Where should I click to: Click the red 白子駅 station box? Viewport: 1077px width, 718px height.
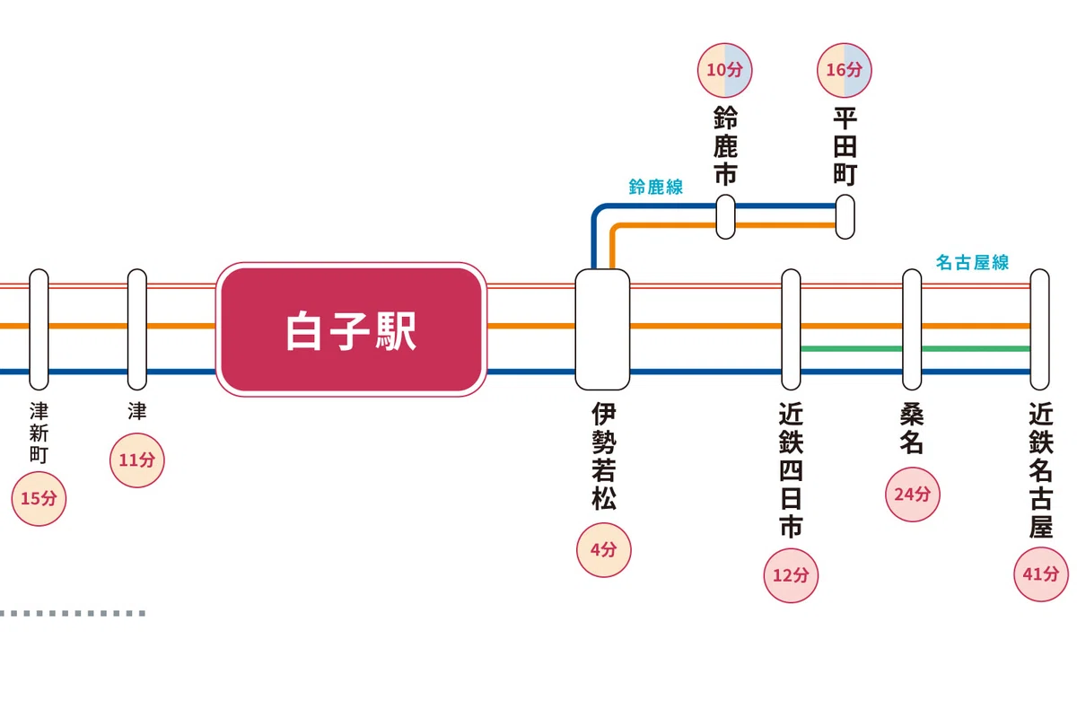tap(352, 330)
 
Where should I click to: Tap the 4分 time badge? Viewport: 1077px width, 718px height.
tap(603, 549)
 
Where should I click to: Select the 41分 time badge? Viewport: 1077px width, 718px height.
tap(1041, 574)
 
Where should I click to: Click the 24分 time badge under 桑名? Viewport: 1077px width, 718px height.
tap(912, 495)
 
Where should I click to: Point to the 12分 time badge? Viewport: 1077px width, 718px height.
tap(791, 575)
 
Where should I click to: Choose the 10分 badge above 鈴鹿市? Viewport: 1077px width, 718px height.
tap(724, 70)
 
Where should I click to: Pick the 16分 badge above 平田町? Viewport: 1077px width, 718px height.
tap(845, 70)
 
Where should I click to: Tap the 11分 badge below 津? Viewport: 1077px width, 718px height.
tap(137, 460)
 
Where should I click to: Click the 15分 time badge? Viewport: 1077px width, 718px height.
tap(39, 499)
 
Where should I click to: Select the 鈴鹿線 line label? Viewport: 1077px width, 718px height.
tap(656, 187)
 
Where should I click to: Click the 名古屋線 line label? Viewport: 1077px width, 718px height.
tap(972, 263)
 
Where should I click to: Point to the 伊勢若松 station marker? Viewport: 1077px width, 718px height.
tap(602, 329)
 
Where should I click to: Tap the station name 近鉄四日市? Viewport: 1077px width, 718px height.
tap(791, 470)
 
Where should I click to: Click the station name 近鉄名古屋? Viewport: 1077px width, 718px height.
tap(1041, 470)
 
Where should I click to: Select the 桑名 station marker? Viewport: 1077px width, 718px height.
tap(912, 329)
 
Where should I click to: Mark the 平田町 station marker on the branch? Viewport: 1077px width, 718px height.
tap(845, 217)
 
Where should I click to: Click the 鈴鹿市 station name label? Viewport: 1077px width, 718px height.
tap(725, 145)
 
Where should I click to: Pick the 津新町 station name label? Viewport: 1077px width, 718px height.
tap(39, 433)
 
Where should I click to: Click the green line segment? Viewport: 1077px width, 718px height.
tap(916, 348)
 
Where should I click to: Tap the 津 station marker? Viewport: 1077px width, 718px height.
tap(137, 329)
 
